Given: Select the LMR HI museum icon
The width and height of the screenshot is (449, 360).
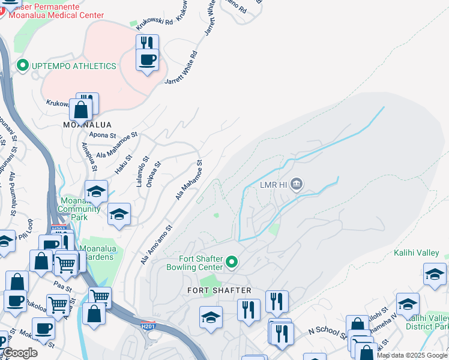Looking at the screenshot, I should [296, 184].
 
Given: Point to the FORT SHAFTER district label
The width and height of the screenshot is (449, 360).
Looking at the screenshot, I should [215, 290].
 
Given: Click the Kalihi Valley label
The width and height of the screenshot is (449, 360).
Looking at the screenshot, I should [416, 253].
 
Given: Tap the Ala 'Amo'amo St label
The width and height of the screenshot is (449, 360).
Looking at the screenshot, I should [157, 244].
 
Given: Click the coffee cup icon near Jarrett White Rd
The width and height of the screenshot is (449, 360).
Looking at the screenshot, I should [147, 59].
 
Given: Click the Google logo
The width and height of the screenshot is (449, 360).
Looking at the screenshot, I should [20, 353].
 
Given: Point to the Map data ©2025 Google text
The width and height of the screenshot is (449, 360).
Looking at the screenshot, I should [412, 355].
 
